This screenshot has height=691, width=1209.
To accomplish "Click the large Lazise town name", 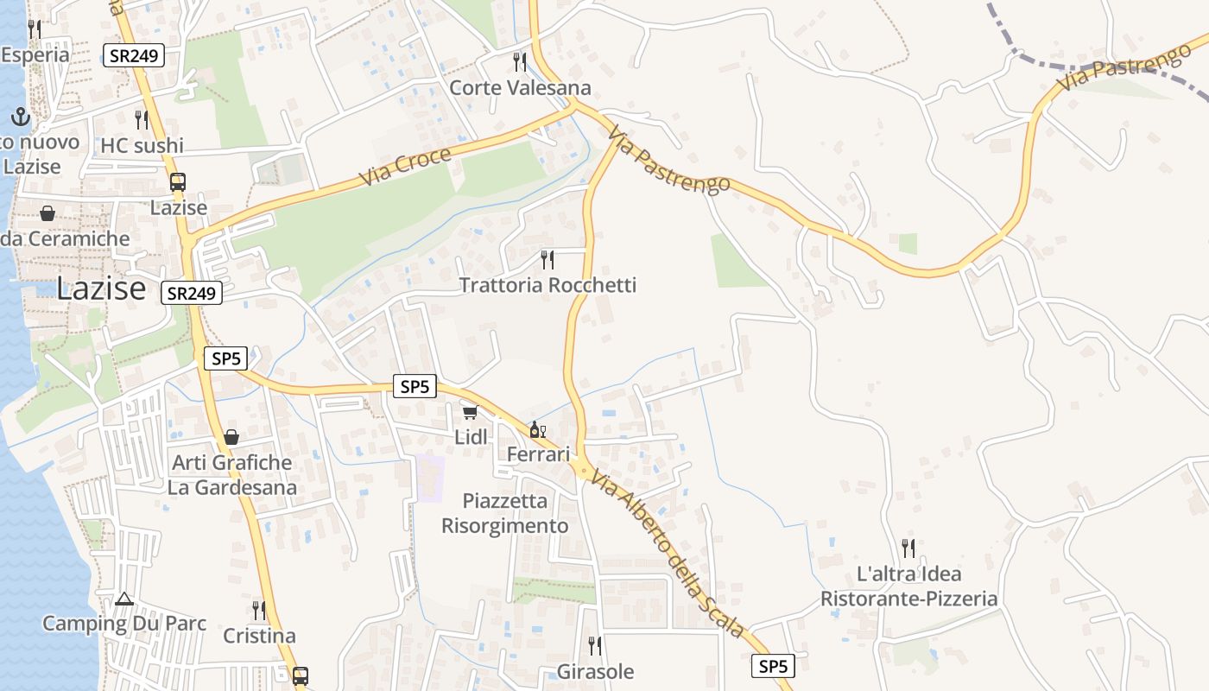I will tap(101, 288).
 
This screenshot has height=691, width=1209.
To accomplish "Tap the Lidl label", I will tap(471, 437).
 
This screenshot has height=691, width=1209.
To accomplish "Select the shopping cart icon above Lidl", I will tap(470, 413).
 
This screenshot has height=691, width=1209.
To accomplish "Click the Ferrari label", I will tap(538, 454).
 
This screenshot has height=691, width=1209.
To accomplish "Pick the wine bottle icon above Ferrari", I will tap(537, 429).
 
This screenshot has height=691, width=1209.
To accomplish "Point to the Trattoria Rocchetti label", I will tap(548, 285).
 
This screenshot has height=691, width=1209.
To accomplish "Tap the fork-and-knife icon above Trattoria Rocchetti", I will tap(547, 258).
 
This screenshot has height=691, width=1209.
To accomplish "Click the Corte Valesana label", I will tap(520, 87).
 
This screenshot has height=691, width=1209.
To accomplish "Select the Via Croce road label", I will tap(405, 168).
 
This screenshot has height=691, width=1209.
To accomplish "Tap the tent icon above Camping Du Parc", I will tap(124, 599).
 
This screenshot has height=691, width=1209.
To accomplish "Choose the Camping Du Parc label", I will tap(124, 623).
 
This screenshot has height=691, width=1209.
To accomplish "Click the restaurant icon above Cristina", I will tap(258, 610).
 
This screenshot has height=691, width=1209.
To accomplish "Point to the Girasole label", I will tap(595, 671).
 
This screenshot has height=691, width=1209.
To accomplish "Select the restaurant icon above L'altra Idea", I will tap(908, 548).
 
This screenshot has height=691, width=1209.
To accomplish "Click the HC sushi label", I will tap(142, 145).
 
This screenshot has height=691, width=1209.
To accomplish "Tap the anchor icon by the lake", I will tap(21, 117).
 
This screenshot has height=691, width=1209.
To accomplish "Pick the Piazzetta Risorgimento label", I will tap(505, 513).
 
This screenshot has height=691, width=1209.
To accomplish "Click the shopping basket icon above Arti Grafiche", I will tap(231, 437).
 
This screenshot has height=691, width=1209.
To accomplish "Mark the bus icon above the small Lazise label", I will tap(178, 182).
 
